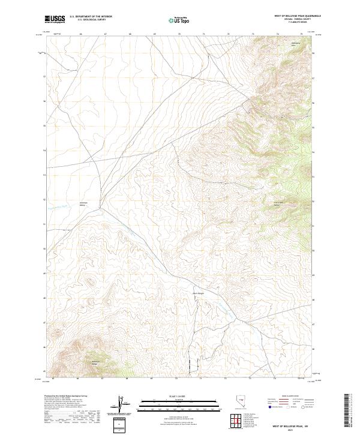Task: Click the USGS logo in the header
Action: tap(55, 20)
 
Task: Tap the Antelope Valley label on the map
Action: tap(84, 203)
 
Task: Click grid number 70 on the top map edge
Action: tap(179, 34)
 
